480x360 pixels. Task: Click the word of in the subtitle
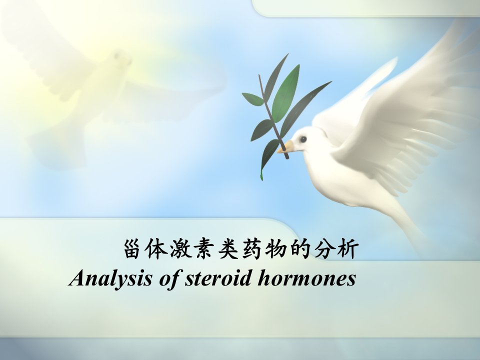[x=168, y=279]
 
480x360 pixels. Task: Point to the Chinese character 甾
[x=132, y=249]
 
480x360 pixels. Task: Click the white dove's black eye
[x=303, y=139]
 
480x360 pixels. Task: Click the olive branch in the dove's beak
[x=273, y=116]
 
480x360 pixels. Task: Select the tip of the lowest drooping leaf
[x=261, y=178]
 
